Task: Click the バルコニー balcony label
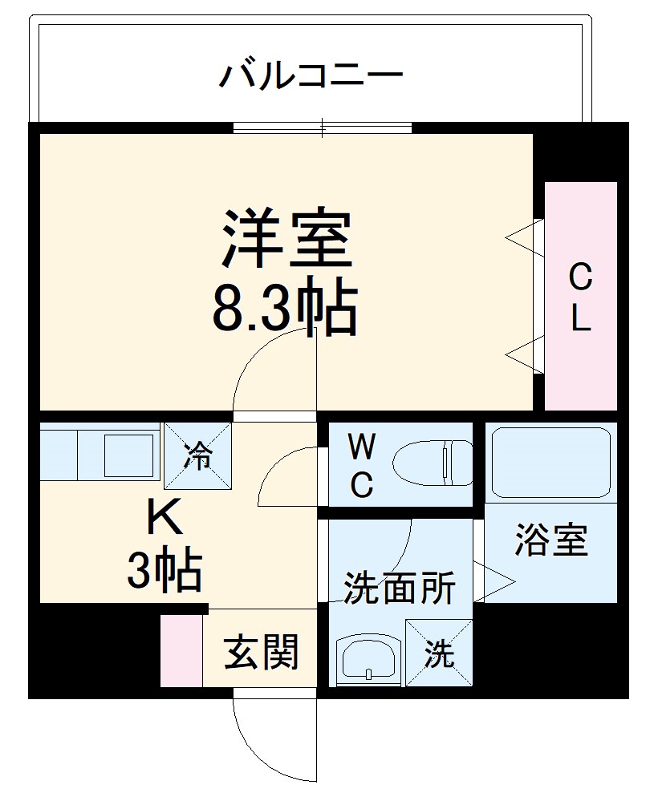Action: pos(311,77)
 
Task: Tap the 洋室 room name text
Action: pos(286,239)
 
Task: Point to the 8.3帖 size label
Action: pos(285,309)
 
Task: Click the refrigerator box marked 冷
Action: pos(197,455)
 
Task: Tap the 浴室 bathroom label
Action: pos(551,541)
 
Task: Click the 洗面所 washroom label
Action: pos(400,589)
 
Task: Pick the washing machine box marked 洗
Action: pos(439,653)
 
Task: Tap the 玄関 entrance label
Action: pos(261,651)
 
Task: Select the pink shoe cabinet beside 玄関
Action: pos(181,651)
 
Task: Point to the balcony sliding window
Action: pos(323,127)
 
